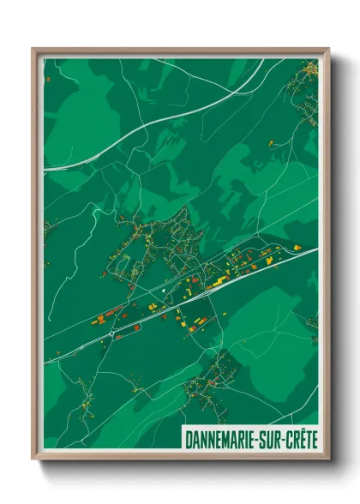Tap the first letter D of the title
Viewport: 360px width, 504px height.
tap(188, 438)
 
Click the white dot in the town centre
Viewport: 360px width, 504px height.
tap(163, 293)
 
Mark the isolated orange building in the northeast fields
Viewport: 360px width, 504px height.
tap(297, 247)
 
